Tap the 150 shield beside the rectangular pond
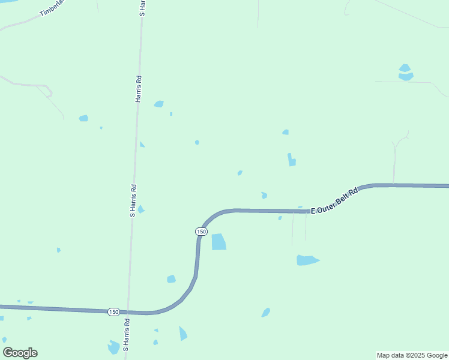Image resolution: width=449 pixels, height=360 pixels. (x=201, y=231)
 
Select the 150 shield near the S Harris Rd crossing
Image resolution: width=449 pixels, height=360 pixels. (x=113, y=312)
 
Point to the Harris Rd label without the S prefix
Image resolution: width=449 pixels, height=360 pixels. (x=138, y=89)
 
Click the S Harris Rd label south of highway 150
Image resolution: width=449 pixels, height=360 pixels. (x=126, y=334)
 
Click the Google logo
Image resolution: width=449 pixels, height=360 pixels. (x=20, y=353)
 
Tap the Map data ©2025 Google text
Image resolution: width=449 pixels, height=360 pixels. (x=412, y=355)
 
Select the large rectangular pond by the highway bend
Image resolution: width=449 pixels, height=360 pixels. (x=218, y=242)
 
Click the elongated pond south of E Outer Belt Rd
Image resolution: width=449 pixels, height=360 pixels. (x=307, y=260)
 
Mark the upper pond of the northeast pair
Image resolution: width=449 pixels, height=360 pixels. (x=405, y=68)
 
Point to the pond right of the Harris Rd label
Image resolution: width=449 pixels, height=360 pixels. (x=159, y=104)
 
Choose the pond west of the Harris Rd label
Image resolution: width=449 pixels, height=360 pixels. (x=83, y=118)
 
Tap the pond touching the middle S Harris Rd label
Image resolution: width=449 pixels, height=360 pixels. (x=140, y=209)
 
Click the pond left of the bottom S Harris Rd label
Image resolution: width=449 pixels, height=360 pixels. (x=113, y=347)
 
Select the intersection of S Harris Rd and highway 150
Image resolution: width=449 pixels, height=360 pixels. (x=128, y=312)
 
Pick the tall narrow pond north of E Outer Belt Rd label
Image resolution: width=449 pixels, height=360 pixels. (x=291, y=160)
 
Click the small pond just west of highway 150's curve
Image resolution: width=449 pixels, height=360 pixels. (x=171, y=279)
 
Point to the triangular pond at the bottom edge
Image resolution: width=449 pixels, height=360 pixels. (x=182, y=334)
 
